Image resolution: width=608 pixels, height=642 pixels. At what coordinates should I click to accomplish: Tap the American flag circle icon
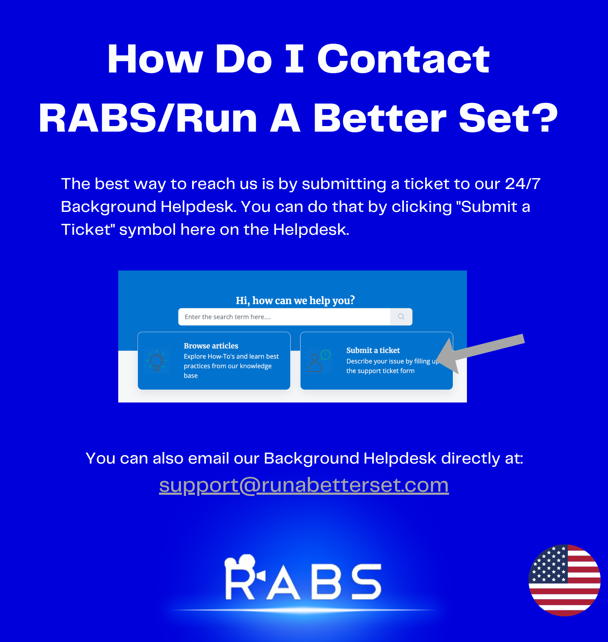click(564, 580)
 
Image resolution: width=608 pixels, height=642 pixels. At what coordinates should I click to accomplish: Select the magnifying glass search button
click(401, 317)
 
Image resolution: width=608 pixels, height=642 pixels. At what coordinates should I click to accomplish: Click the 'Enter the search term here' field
click(284, 317)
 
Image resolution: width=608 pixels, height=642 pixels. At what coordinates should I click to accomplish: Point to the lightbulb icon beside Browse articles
click(157, 361)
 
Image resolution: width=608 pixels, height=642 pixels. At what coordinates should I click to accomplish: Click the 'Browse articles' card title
click(211, 346)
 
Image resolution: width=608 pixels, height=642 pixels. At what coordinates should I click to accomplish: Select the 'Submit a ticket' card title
click(373, 350)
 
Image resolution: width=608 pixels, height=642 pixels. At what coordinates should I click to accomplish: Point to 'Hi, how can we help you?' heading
click(295, 300)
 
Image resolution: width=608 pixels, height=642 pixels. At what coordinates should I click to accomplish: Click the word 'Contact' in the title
click(403, 59)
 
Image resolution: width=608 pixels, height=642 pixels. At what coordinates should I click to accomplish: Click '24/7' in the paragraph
click(522, 184)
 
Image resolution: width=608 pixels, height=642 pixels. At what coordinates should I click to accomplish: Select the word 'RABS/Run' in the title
click(148, 119)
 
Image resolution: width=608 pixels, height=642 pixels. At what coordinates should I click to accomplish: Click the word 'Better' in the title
click(380, 119)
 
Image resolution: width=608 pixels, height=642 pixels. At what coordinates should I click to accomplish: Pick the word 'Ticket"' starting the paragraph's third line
click(88, 229)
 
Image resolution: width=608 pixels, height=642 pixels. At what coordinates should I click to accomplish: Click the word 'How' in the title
click(155, 59)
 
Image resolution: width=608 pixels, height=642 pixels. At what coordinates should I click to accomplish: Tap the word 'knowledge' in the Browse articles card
click(255, 366)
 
